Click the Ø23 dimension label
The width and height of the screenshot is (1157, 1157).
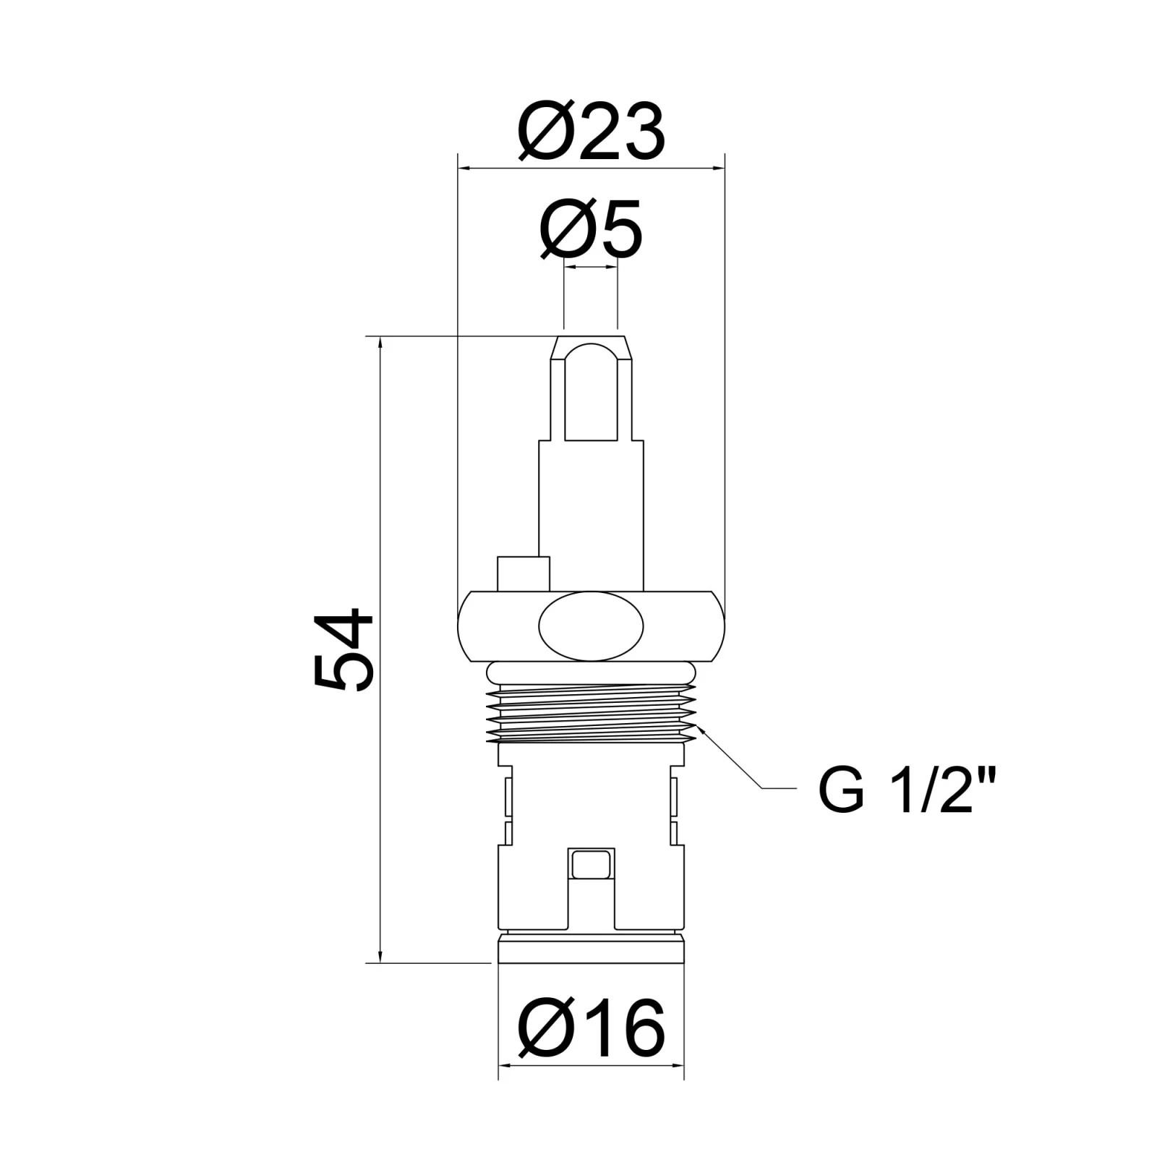click(592, 132)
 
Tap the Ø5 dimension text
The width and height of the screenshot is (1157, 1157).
click(591, 229)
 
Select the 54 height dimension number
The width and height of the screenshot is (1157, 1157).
click(343, 649)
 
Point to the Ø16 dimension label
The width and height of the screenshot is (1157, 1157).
click(592, 1028)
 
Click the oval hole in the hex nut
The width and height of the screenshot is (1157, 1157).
click(591, 626)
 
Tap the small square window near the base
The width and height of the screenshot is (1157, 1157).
click(592, 864)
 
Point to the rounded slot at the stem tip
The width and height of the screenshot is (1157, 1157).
click(591, 393)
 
